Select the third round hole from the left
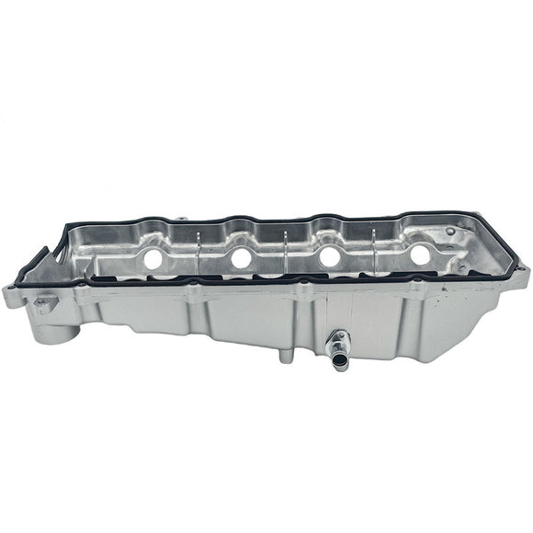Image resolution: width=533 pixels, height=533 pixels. click(327, 257)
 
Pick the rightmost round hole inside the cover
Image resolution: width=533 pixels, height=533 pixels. click(419, 255)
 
